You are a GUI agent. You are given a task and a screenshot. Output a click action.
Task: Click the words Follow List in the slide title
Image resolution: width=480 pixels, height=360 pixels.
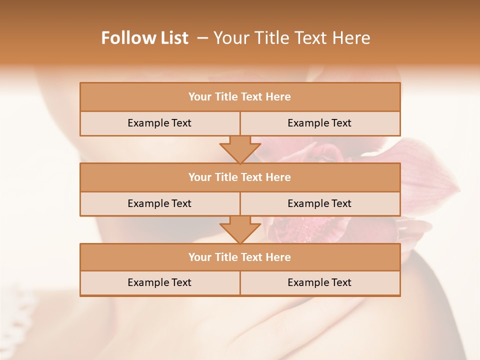(144, 38)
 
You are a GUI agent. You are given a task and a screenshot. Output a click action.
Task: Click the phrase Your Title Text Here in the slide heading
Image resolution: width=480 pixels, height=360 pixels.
(291, 38)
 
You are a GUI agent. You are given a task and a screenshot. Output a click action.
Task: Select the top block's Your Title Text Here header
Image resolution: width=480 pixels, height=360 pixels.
(239, 97)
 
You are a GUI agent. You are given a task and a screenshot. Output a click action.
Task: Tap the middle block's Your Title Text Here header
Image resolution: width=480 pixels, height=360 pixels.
(239, 177)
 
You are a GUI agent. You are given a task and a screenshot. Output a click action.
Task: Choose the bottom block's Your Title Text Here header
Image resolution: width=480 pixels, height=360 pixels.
(239, 257)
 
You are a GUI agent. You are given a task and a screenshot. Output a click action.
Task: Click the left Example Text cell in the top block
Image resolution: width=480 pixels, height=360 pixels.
(159, 123)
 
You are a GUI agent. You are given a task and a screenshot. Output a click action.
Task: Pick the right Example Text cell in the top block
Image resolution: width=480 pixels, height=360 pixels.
(319, 123)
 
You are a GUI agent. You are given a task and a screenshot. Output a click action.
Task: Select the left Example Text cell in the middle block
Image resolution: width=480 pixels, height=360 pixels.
(159, 203)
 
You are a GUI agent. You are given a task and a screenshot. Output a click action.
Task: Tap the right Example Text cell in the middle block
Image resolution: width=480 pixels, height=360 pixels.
(319, 203)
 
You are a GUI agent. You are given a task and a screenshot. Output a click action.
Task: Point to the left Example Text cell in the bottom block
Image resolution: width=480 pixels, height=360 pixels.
(159, 282)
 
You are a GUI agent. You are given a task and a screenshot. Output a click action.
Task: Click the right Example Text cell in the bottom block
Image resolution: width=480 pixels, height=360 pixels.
(319, 282)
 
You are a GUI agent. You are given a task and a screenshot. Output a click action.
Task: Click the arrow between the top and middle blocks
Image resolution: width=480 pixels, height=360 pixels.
(240, 149)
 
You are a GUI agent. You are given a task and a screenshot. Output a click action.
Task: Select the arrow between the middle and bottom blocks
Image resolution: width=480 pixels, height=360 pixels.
(240, 229)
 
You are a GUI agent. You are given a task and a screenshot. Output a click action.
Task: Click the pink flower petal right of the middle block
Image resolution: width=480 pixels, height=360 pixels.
(430, 175)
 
